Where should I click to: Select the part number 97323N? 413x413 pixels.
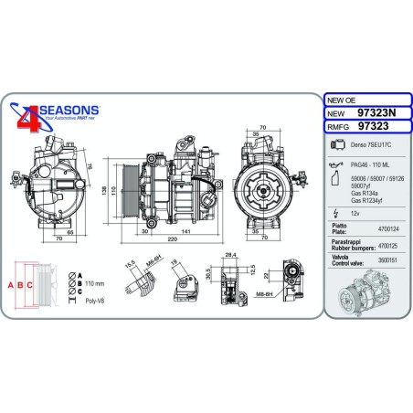tap(377, 114)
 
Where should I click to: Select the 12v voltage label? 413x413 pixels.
tap(355, 211)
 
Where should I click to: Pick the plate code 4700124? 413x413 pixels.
tap(387, 228)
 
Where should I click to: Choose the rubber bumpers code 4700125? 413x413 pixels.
tap(387, 245)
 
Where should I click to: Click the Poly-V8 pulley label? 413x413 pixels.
tap(90, 299)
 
